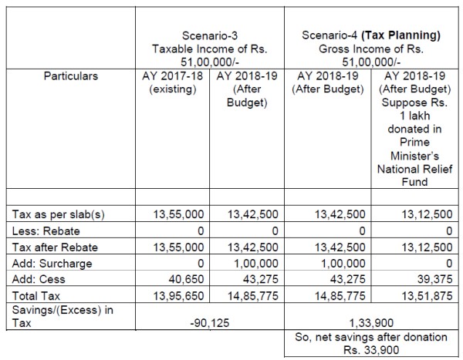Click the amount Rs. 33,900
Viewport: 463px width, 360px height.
[365, 348]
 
